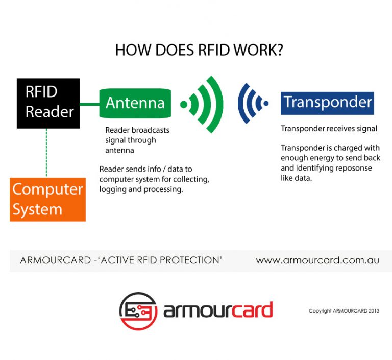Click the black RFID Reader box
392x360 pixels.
tap(48, 102)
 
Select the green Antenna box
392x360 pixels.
tap(135, 103)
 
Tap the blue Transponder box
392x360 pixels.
tap(327, 103)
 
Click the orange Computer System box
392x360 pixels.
tap(47, 199)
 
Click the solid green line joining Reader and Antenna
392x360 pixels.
tap(89, 104)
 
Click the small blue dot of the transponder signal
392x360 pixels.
tap(265, 104)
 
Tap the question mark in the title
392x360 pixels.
tap(279, 50)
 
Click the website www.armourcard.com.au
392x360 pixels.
tap(317, 260)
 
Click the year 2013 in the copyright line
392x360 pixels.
tap(372, 310)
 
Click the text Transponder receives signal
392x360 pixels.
tap(329, 128)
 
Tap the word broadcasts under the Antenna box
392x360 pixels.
tap(151, 130)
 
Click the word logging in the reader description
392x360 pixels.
tap(112, 189)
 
